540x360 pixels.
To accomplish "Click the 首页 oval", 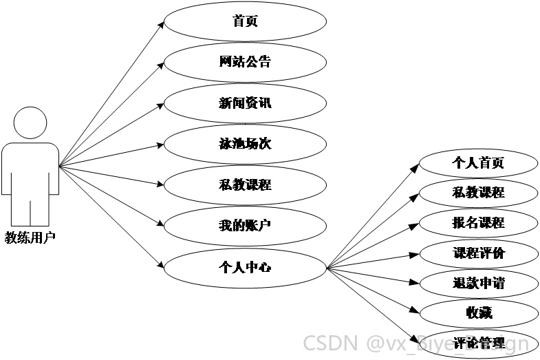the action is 245,21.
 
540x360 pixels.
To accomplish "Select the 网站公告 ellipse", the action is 245,62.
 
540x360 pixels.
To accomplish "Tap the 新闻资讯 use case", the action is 245,103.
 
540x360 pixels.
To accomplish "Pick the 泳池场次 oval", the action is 245,144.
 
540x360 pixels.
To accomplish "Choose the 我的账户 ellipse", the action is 245,226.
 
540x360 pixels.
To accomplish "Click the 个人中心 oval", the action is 245,268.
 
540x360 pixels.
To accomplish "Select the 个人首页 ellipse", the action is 478,163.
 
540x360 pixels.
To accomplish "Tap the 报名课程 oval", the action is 478,223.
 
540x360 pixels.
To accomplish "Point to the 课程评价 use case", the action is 478,253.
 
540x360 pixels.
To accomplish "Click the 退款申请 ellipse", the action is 478,284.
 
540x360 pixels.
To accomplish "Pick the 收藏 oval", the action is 478,313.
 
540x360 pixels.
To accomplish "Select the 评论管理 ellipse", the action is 478,343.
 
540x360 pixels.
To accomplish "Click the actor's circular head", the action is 30,123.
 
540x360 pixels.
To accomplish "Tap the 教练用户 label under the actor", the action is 30,237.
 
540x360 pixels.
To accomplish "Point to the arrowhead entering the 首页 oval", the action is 161,25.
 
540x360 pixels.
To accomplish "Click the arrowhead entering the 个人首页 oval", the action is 415,167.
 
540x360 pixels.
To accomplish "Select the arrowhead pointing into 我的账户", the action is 160,223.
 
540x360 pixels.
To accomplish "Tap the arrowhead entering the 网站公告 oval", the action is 160,65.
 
